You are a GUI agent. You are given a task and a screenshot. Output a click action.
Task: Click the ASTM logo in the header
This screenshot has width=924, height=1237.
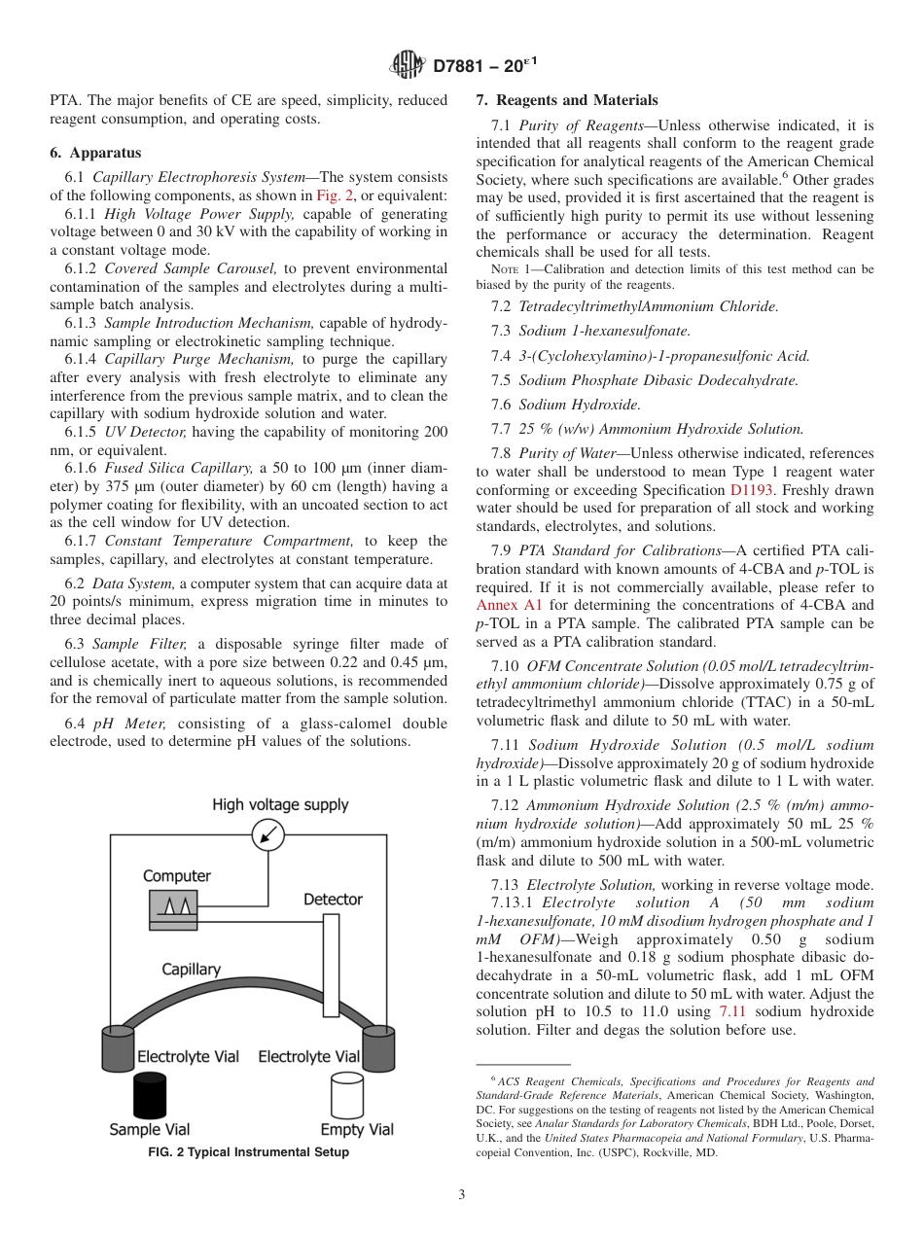408,65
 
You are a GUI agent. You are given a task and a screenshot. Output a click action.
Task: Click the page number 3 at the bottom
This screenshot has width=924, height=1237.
462,1194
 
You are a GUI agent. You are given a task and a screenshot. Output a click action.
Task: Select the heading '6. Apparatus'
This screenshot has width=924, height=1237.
95,153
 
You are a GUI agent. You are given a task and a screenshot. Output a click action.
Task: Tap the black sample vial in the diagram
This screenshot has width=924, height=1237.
151,1093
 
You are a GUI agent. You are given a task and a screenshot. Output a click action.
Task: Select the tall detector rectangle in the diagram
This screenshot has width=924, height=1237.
332,965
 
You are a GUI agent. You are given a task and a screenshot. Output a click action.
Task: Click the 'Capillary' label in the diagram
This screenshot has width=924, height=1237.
191,970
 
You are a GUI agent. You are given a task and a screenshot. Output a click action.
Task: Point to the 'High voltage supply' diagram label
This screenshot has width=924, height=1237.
280,805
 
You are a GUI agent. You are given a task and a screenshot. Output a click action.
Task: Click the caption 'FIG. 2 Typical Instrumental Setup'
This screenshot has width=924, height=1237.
248,1152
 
